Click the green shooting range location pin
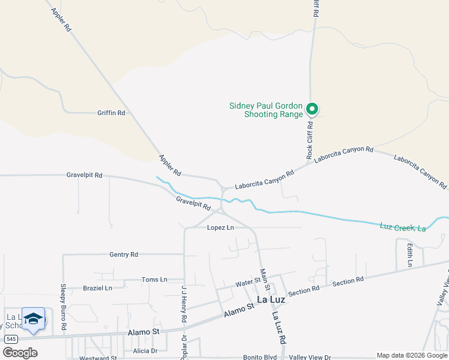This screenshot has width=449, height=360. (312, 109)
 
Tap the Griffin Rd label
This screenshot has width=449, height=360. (111, 113)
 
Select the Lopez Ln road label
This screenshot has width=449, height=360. (220, 228)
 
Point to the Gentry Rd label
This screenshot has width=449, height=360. (124, 254)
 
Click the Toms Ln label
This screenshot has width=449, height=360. (154, 280)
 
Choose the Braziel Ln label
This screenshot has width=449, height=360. (97, 288)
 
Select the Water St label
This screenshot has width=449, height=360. (247, 282)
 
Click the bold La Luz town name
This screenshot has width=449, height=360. (270, 299)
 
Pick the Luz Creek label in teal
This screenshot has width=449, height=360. (403, 227)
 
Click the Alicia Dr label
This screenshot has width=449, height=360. (145, 351)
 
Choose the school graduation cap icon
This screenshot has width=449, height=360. (34, 319)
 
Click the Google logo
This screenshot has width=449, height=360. (19, 352)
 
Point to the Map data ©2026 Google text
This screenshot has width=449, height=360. (411, 355)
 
